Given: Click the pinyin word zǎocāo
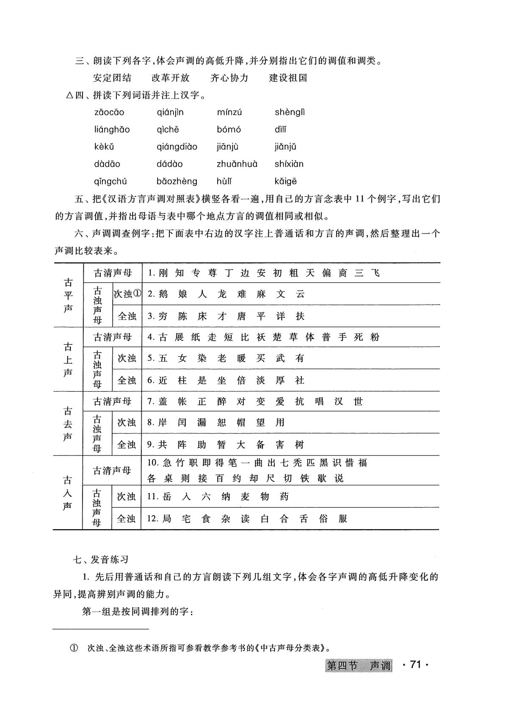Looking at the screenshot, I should (109, 113).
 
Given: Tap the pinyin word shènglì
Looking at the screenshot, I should (290, 113).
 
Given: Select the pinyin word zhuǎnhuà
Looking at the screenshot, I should (237, 164).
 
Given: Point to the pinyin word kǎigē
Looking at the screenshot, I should (286, 181).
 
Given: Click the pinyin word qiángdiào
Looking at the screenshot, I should (177, 147).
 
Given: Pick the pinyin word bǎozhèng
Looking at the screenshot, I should (177, 181).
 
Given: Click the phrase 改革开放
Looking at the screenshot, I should (171, 78).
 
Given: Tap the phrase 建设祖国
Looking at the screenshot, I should (288, 78).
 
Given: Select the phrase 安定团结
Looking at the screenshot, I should (112, 78).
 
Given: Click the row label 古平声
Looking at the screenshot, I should (68, 295).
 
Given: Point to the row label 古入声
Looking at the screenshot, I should (68, 493).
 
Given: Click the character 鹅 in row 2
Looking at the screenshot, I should (163, 294).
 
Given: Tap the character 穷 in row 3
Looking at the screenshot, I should (163, 316).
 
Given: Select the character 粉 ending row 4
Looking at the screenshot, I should (374, 338).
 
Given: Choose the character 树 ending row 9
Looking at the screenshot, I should (299, 445).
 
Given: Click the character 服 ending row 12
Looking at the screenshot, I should (343, 519).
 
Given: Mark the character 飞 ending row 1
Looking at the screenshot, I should (375, 273).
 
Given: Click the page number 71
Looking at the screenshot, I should (415, 665).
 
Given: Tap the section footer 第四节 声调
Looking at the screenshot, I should (359, 666).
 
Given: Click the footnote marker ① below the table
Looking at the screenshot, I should (73, 648).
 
